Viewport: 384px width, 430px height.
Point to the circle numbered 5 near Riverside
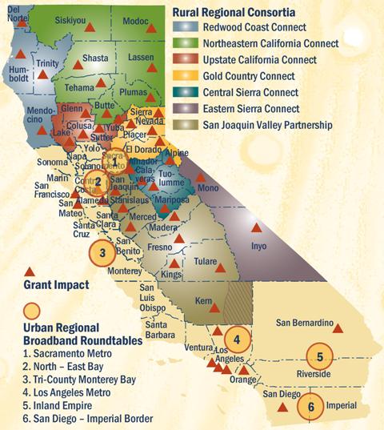[x=319, y=356]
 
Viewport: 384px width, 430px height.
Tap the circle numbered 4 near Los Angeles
[x=237, y=338]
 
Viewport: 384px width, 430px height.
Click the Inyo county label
[x=258, y=248]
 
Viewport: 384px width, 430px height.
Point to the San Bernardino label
[x=303, y=323]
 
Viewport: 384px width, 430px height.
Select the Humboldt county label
[x=18, y=71]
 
